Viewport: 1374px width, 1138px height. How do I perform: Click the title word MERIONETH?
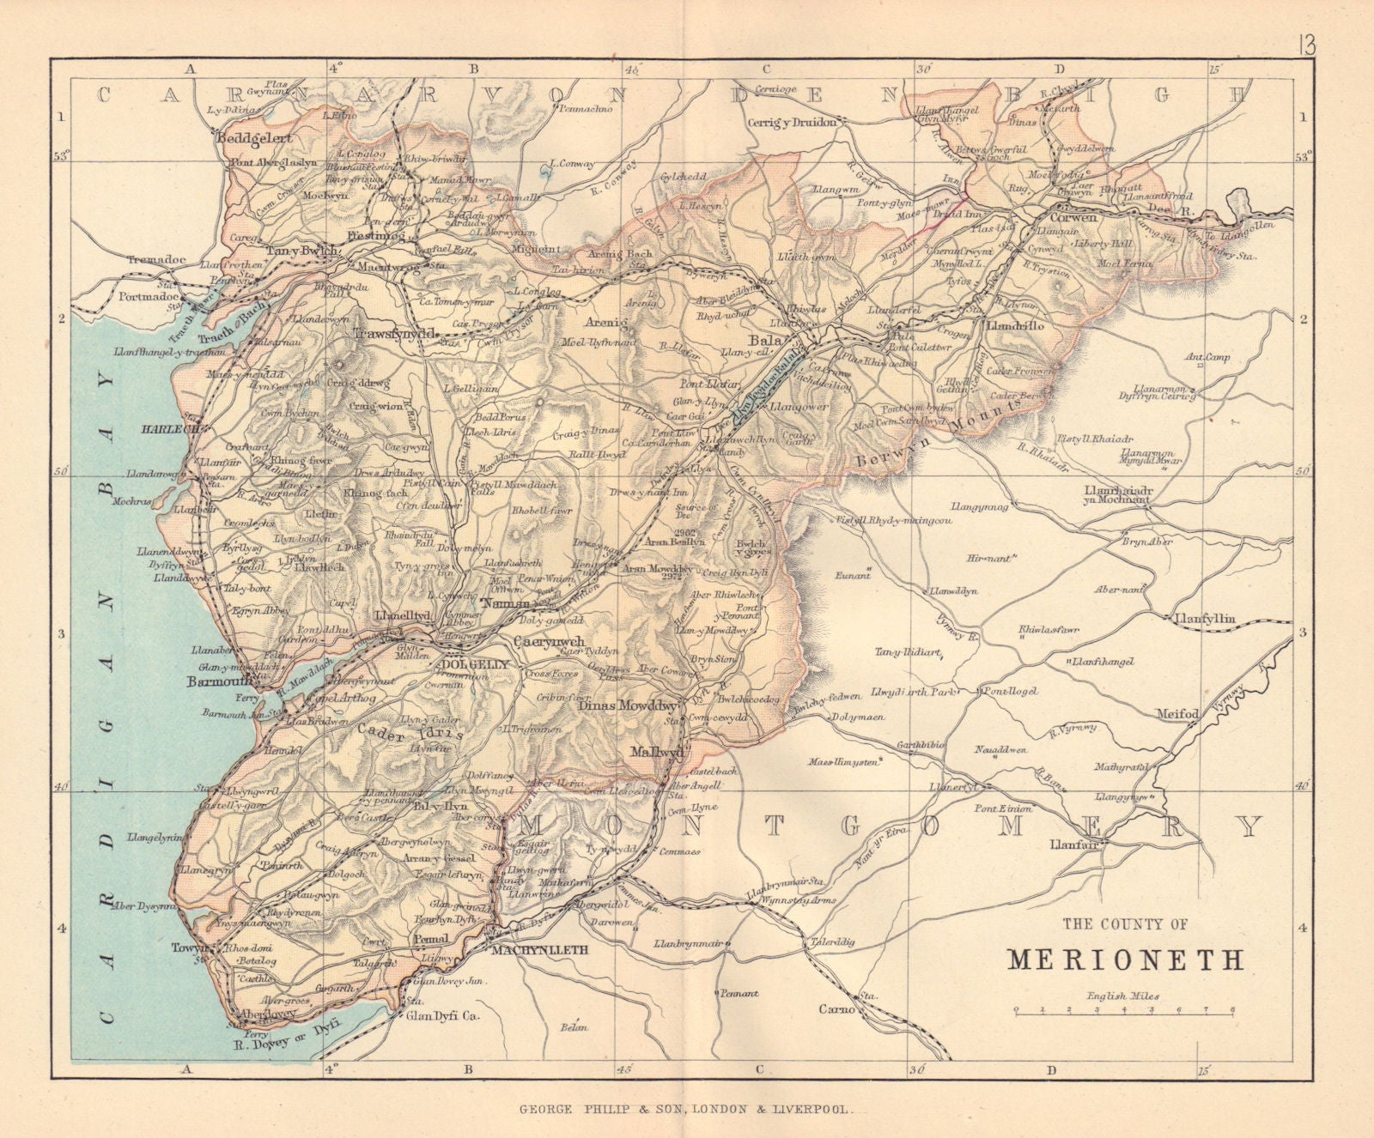(1125, 959)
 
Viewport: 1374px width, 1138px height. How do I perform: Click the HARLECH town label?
(170, 427)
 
